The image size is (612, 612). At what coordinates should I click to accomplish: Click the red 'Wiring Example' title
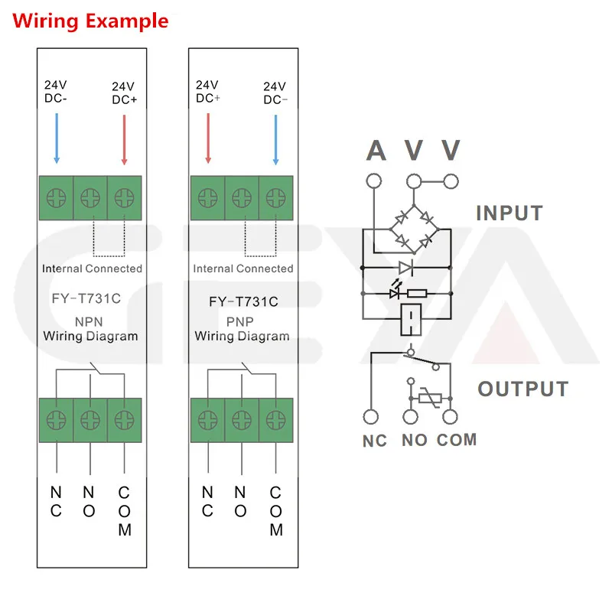click(90, 21)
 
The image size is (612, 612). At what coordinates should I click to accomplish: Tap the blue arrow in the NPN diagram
click(56, 138)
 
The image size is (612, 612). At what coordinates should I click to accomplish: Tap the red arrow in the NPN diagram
click(124, 138)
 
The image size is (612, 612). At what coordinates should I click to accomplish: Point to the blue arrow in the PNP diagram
click(275, 138)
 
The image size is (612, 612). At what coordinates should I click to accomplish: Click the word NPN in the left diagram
click(90, 321)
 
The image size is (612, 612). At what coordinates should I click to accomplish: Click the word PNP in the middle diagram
click(242, 321)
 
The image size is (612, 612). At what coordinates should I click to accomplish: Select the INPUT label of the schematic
click(509, 213)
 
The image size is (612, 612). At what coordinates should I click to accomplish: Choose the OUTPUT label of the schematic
click(523, 389)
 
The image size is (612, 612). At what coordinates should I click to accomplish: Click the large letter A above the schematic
click(376, 151)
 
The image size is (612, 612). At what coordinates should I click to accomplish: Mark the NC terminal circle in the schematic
click(372, 417)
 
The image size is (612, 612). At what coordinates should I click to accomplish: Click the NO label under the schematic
click(415, 441)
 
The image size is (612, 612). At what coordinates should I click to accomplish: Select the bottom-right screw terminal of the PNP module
click(275, 419)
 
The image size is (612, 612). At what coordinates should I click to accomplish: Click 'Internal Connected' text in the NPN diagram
click(92, 269)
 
